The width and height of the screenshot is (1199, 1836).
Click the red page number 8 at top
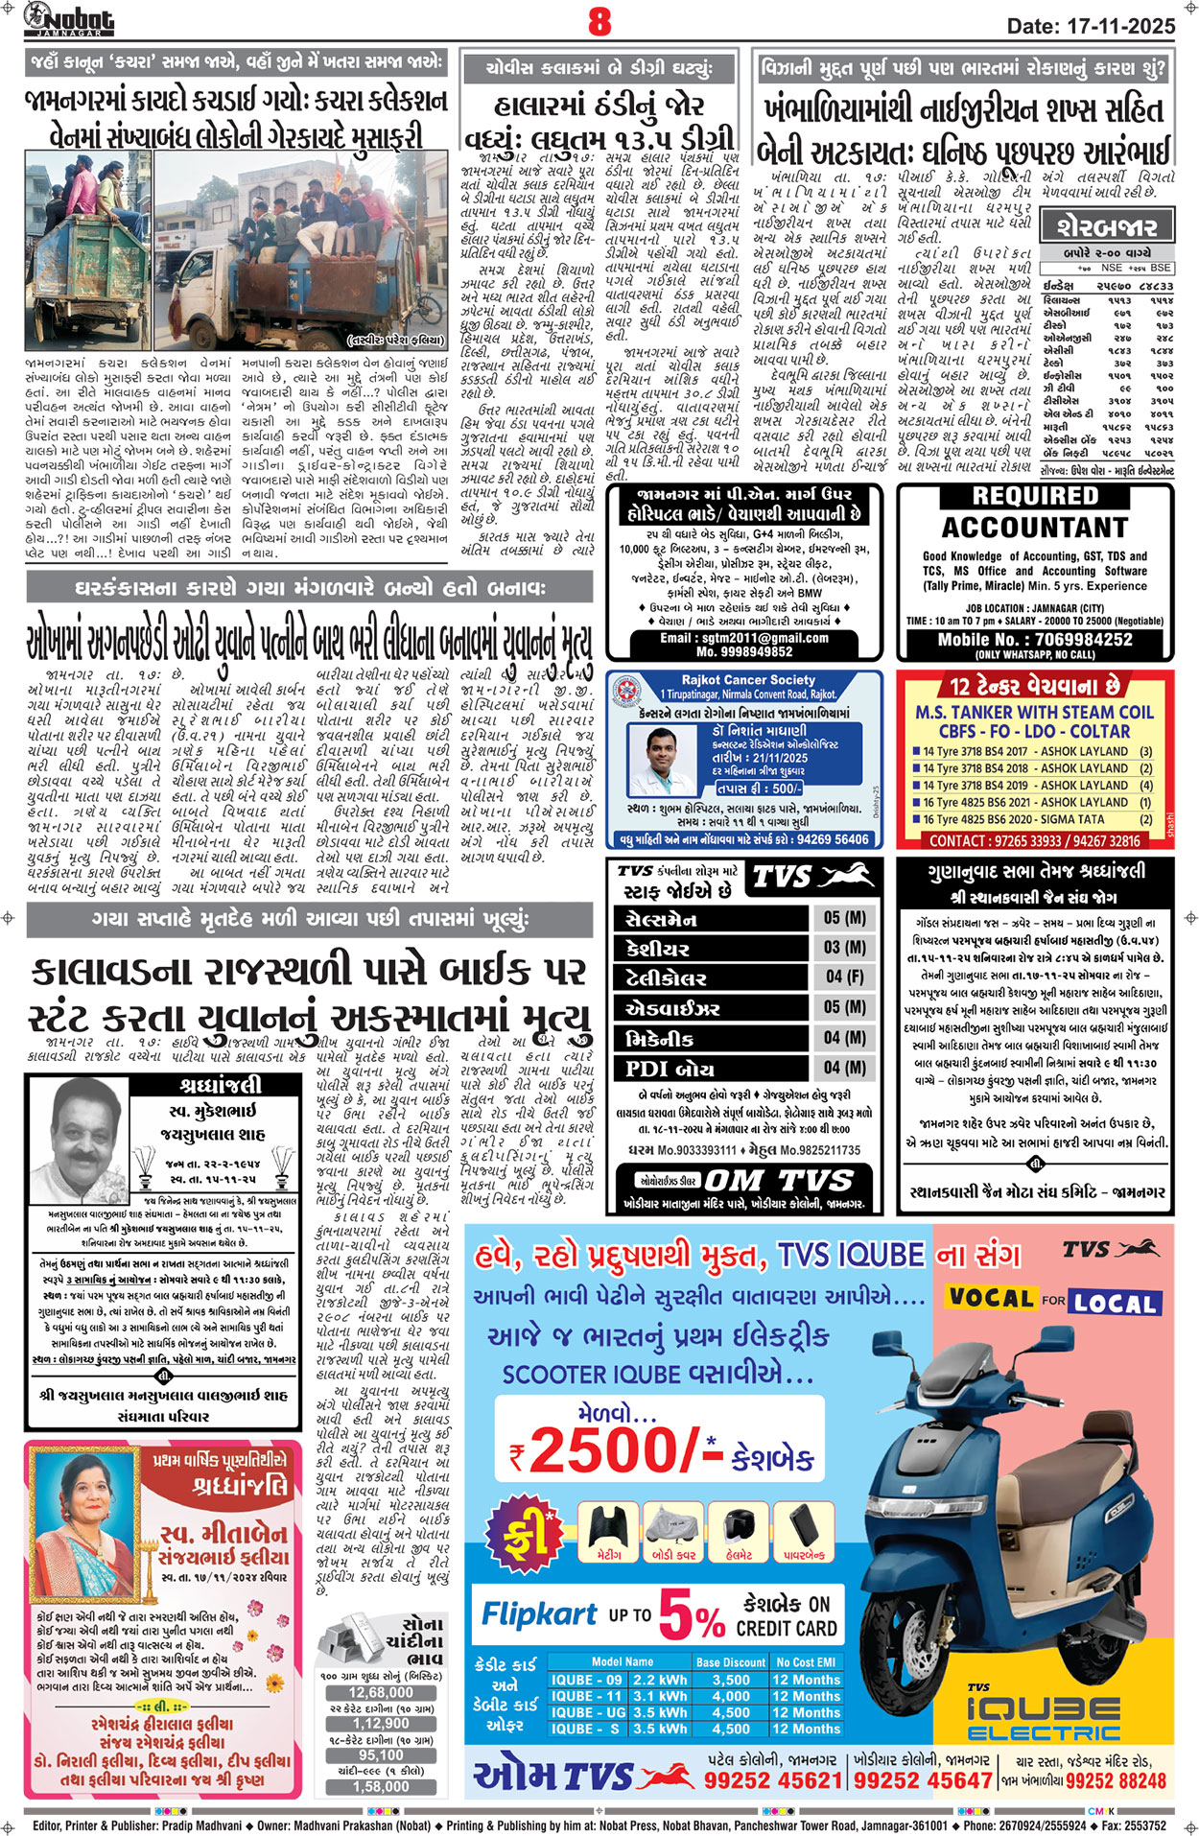pyautogui.click(x=599, y=21)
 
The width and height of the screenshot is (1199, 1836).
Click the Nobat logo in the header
pyautogui.click(x=69, y=19)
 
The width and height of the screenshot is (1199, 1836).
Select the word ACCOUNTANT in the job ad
pyautogui.click(x=1034, y=529)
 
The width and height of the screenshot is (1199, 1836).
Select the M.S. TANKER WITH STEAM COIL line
pyautogui.click(x=1034, y=713)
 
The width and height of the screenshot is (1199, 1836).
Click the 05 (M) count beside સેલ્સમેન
pyautogui.click(x=844, y=918)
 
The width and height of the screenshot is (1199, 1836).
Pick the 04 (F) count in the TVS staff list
pyautogui.click(x=844, y=977)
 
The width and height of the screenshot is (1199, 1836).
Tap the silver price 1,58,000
pyautogui.click(x=381, y=1786)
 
